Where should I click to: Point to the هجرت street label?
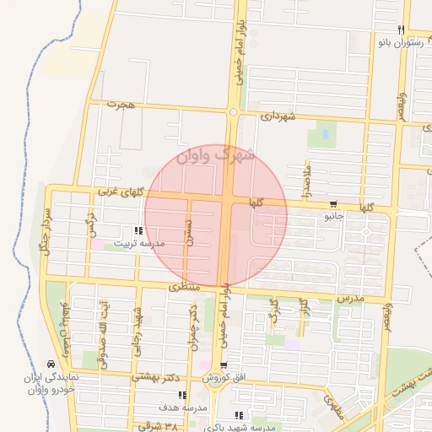pyautogui.click(x=121, y=104)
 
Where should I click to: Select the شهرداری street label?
pyautogui.click(x=278, y=116)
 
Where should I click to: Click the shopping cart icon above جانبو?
pyautogui.click(x=334, y=204)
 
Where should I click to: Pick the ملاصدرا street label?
pyautogui.click(x=309, y=181)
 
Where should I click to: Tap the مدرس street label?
pyautogui.click(x=349, y=299)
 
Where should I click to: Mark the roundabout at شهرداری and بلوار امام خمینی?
pyautogui.click(x=232, y=111)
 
